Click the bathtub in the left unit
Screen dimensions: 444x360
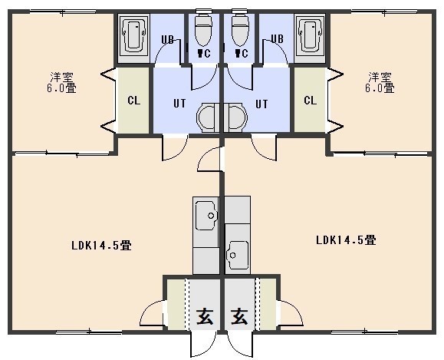[133, 35]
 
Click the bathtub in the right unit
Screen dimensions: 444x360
[310, 35]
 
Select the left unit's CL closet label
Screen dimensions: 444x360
[133, 101]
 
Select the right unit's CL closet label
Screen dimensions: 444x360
[311, 101]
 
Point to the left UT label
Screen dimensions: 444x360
[179, 104]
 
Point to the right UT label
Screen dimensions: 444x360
[261, 104]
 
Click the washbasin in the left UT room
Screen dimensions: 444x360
[208, 117]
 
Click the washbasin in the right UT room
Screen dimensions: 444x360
[235, 117]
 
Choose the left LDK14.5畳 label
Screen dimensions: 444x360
[101, 245]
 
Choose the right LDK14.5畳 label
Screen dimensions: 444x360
[346, 240]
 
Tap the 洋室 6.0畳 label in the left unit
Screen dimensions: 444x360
[61, 82]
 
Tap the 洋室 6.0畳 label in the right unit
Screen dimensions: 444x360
[380, 82]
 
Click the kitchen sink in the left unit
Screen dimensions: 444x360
[206, 215]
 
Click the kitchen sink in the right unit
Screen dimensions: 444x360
[238, 255]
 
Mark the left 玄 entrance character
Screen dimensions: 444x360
[205, 316]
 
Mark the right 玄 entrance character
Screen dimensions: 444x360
[239, 316]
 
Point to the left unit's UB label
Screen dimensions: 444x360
[167, 39]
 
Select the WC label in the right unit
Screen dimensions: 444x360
[242, 53]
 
